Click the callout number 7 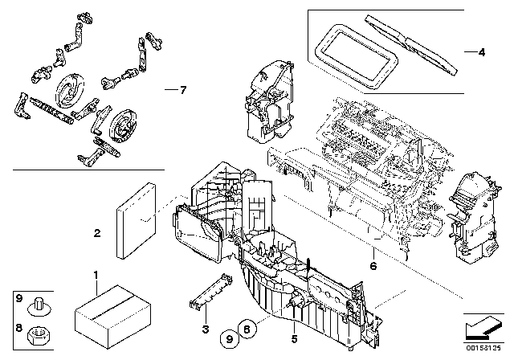[x=183, y=90]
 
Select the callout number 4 [x=481, y=52]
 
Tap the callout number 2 [x=97, y=234]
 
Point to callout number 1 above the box [x=96, y=276]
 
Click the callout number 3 [x=206, y=329]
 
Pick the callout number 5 [x=294, y=339]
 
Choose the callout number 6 [x=373, y=265]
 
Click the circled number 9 [x=229, y=338]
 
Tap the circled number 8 [x=247, y=328]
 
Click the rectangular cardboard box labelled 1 [x=113, y=316]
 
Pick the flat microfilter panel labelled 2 [x=136, y=221]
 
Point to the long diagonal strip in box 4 [x=411, y=44]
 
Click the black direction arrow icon [x=483, y=328]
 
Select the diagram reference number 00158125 [x=483, y=348]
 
